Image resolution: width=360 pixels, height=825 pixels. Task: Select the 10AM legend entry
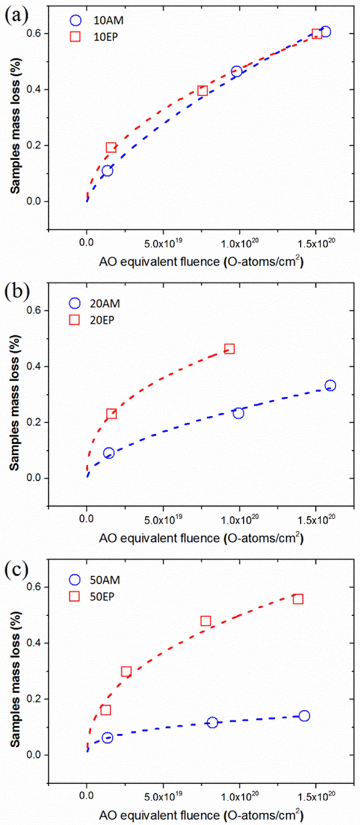(96, 20)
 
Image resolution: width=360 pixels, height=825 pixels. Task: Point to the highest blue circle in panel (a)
(325, 32)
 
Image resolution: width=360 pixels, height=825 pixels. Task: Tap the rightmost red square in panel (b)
(229, 349)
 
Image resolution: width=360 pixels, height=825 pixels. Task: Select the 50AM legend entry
(95, 580)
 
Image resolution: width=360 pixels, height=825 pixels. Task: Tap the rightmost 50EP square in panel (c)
(298, 599)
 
